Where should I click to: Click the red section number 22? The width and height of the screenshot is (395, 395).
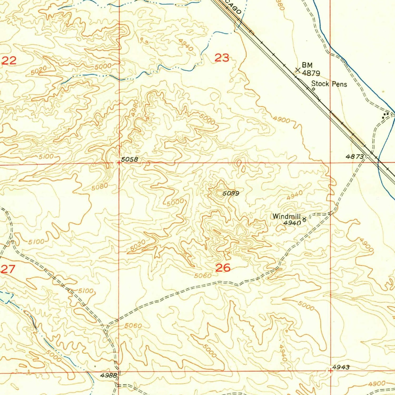9,61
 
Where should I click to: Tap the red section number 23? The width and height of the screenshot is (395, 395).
222,58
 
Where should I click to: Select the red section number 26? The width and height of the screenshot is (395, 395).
223,268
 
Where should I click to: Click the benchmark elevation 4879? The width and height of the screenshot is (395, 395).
311,73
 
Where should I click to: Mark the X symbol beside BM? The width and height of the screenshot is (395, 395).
298,70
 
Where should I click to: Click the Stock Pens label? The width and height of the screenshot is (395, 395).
329,84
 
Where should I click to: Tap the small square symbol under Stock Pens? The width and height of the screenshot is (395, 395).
314,89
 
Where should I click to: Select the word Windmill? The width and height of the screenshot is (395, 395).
286,216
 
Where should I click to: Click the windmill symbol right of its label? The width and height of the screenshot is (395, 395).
304,219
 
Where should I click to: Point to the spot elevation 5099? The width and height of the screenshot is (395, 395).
231,194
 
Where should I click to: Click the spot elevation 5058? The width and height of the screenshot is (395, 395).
129,159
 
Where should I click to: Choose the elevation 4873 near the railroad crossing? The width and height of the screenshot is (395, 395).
355,157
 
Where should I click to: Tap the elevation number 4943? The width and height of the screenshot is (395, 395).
341,367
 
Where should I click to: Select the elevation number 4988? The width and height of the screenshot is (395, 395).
108,375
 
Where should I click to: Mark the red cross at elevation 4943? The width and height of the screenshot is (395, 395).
330,371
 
